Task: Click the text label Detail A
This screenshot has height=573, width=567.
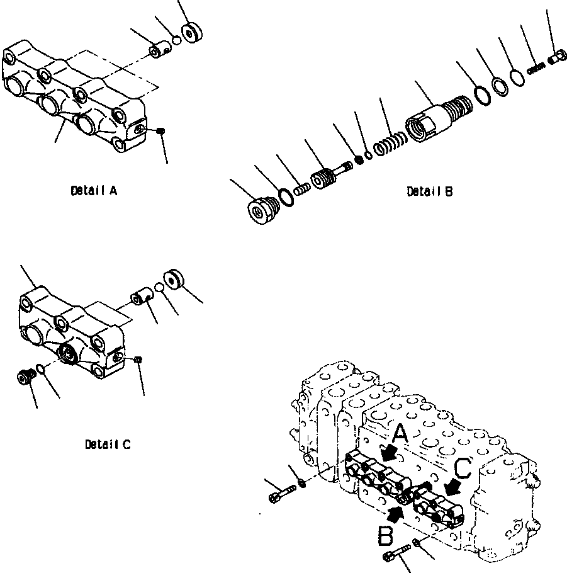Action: (94, 190)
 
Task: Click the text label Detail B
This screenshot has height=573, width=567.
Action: (429, 191)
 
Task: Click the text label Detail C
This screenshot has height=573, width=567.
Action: (108, 445)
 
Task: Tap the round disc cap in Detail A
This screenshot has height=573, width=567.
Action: (188, 33)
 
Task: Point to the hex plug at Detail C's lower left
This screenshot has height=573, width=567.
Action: (23, 377)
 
